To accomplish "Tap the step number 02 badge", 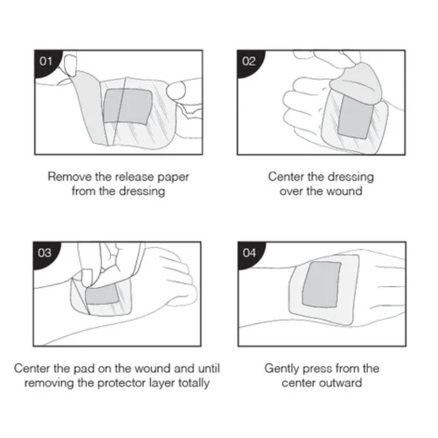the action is click(248, 62).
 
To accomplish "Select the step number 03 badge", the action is click(44, 253).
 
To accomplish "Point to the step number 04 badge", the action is click(249, 253).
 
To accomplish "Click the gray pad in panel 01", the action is click(128, 106).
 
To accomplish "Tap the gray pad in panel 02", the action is click(355, 118).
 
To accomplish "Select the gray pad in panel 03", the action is click(103, 295).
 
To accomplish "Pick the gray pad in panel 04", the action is click(322, 284).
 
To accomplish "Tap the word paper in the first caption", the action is click(173, 178).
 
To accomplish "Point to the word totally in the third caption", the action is click(193, 383).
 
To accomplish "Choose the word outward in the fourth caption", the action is click(342, 383).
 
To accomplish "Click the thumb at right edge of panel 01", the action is click(176, 90).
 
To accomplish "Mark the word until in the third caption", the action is click(209, 369).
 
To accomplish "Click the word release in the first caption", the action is click(135, 177).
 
